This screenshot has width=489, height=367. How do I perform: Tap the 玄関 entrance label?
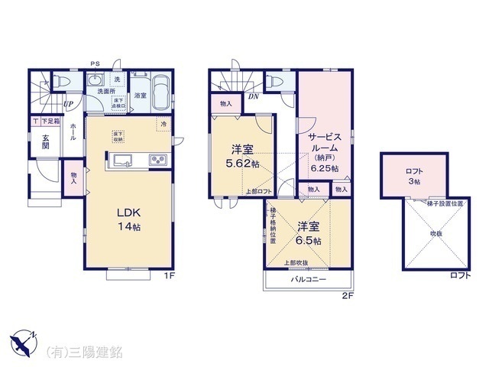coord(46,143)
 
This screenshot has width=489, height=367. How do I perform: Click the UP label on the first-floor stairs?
coord(69,104)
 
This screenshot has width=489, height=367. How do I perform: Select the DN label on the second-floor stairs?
coord(252,97)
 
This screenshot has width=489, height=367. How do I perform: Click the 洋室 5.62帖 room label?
coord(241,157)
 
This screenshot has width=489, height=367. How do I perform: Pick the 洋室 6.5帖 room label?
coord(309,233)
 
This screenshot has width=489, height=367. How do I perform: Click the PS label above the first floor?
coord(95,63)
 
